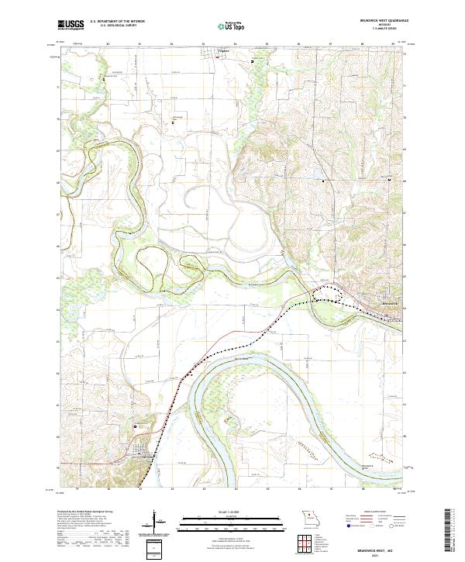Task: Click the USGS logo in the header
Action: click(x=71, y=25)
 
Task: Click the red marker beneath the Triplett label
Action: click(x=218, y=55)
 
